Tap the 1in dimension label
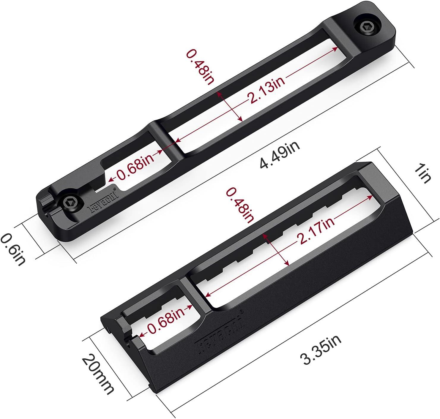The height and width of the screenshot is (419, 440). pos(423,175)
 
